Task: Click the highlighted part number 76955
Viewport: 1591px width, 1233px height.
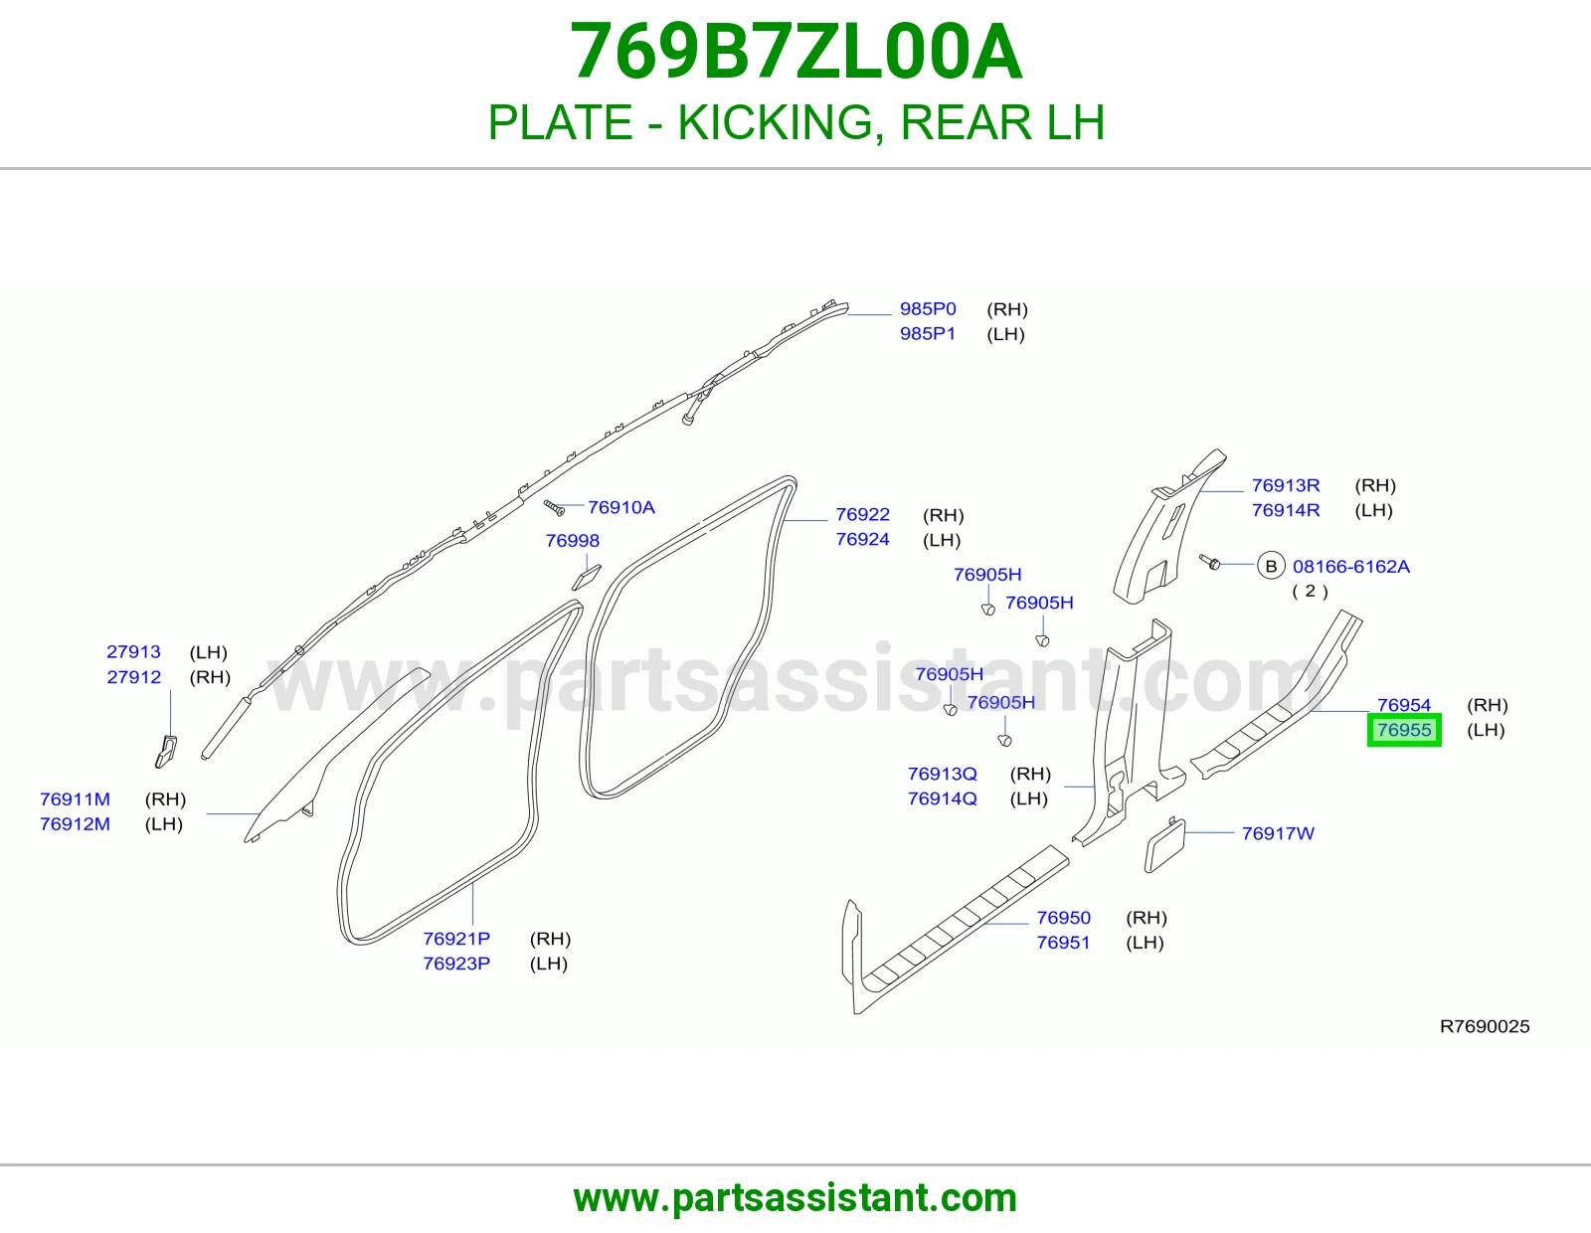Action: (1404, 730)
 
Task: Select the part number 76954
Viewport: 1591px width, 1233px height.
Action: (1404, 705)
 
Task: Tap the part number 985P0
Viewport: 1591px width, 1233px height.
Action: (928, 309)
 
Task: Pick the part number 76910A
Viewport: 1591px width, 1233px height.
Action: (620, 507)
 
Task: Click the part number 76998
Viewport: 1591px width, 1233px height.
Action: (572, 540)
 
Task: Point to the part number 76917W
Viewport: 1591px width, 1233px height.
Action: (1278, 833)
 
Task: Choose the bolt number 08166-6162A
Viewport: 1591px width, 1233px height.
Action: (1350, 566)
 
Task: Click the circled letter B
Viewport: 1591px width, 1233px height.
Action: (1271, 566)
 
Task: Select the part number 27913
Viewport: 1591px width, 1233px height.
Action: (133, 651)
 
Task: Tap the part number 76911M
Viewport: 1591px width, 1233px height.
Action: (75, 798)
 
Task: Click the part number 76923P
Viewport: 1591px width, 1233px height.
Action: (456, 963)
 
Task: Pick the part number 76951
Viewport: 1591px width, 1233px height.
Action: (1063, 943)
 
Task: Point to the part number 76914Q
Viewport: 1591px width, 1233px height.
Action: (943, 798)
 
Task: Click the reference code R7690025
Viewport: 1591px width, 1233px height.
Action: (1484, 1026)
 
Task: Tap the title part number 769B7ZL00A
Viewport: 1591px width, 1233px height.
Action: (795, 52)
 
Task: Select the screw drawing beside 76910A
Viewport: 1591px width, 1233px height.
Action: (554, 507)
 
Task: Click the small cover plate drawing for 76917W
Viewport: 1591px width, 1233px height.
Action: (1164, 845)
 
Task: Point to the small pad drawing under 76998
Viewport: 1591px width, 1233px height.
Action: (586, 577)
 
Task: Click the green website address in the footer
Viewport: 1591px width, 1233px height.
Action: (795, 1198)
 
